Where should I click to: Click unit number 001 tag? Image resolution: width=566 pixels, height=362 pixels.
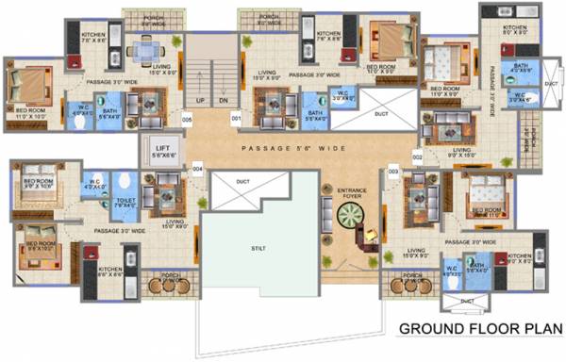point(236,119)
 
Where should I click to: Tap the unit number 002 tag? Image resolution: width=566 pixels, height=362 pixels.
point(416,156)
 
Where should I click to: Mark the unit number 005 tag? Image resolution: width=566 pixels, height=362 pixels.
point(187,120)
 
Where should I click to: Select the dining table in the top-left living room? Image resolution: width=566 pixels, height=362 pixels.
point(144,50)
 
